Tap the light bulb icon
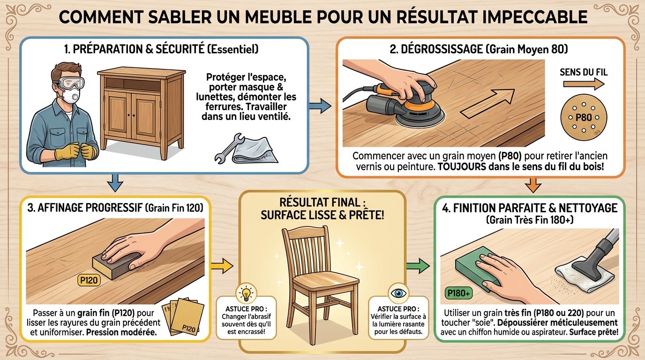coord(246,293)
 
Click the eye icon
coord(398,293)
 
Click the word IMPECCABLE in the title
coord(530,17)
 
